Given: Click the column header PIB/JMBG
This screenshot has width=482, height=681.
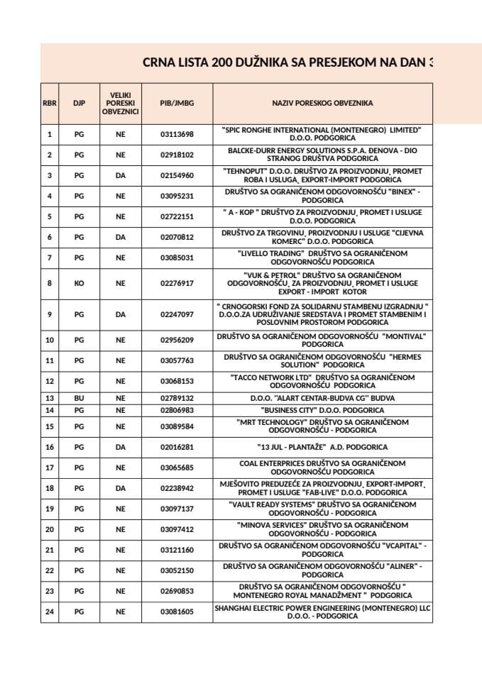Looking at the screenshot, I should point(177,103).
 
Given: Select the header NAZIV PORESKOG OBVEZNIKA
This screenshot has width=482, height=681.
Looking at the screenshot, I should point(322,103).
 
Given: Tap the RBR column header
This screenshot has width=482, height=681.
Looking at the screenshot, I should point(49,103).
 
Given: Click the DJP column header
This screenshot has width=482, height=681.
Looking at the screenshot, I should point(79,103).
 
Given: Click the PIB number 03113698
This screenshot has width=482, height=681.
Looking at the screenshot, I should point(177,134).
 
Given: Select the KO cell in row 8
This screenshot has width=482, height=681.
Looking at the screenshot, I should point(79,283).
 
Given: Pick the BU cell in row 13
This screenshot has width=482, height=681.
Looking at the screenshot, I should point(79,399).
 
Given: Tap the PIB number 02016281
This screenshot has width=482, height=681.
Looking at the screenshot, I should point(177,448).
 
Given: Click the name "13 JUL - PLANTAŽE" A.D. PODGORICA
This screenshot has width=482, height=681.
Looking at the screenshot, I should point(322,448).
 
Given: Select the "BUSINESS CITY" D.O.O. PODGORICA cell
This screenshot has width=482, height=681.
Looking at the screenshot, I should point(322,410).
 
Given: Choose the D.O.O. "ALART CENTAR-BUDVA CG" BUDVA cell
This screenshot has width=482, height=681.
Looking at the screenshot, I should point(322,399).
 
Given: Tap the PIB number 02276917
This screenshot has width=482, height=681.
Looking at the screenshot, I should point(177,283).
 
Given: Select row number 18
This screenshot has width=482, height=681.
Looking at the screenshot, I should point(49,488).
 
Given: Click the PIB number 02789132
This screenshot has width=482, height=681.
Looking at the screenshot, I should point(177,399).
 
